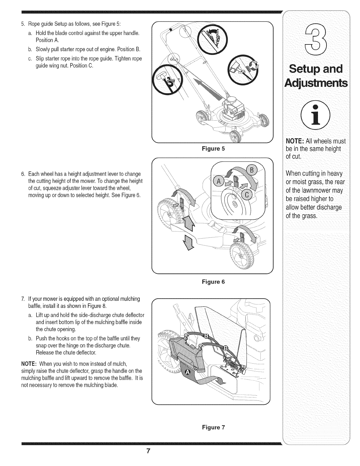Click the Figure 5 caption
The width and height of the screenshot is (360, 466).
coord(213,149)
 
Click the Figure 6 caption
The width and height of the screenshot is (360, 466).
coord(213,282)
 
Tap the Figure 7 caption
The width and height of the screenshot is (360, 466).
coord(213,427)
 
